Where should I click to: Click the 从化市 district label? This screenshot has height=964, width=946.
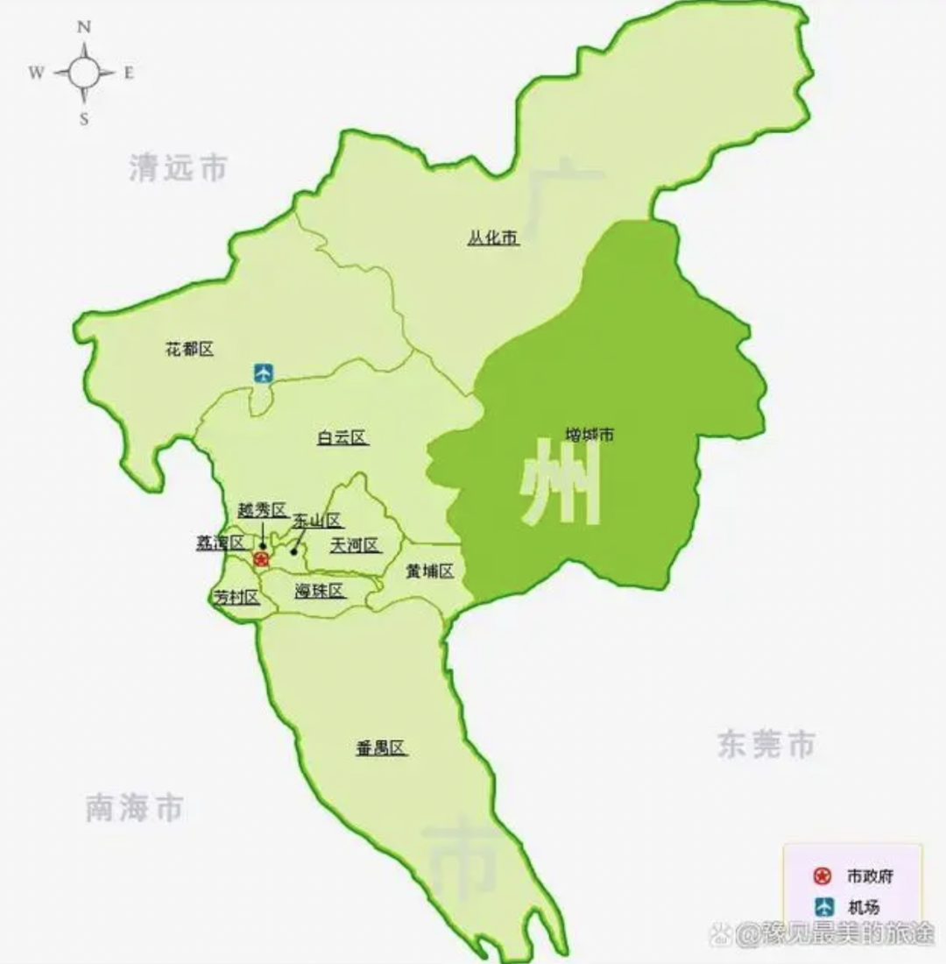(x=493, y=237)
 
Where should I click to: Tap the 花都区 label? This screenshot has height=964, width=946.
(x=189, y=350)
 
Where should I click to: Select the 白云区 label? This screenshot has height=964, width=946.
(x=342, y=438)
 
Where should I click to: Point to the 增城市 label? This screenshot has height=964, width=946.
(x=589, y=434)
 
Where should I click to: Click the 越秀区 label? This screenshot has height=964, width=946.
(x=262, y=510)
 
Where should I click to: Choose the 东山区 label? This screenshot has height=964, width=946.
(x=317, y=520)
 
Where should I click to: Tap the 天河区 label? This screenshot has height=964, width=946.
(x=355, y=545)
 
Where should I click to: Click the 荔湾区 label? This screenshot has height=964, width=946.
(x=219, y=542)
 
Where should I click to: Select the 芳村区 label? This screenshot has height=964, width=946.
(x=236, y=598)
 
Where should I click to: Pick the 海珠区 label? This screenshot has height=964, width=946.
(x=320, y=590)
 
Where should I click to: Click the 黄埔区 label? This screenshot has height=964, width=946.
(x=429, y=571)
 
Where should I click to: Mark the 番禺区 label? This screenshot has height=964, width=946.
(x=381, y=748)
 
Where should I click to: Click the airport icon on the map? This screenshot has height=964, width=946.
(x=263, y=372)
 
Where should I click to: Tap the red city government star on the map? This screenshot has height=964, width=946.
(x=260, y=559)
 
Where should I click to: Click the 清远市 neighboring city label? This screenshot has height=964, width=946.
(x=178, y=167)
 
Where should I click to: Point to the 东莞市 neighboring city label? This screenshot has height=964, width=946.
(x=766, y=744)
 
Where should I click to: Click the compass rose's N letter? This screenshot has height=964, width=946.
(x=85, y=27)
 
